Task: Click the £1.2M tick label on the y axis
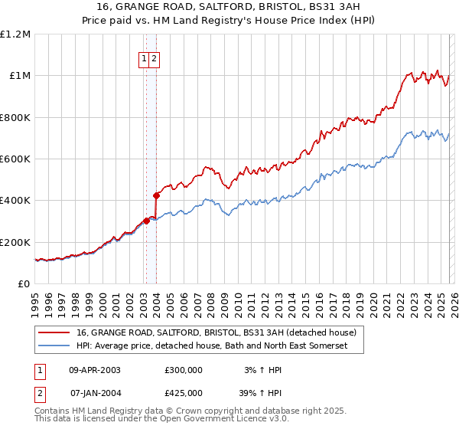pyautogui.click(x=15, y=34)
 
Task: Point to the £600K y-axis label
pyautogui.click(x=15, y=159)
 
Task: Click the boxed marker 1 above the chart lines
pyautogui.click(x=144, y=59)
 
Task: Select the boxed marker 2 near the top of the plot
pyautogui.click(x=154, y=59)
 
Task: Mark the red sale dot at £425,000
pyautogui.click(x=156, y=195)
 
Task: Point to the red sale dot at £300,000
pyautogui.click(x=146, y=221)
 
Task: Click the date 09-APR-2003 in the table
pyautogui.click(x=95, y=370)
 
